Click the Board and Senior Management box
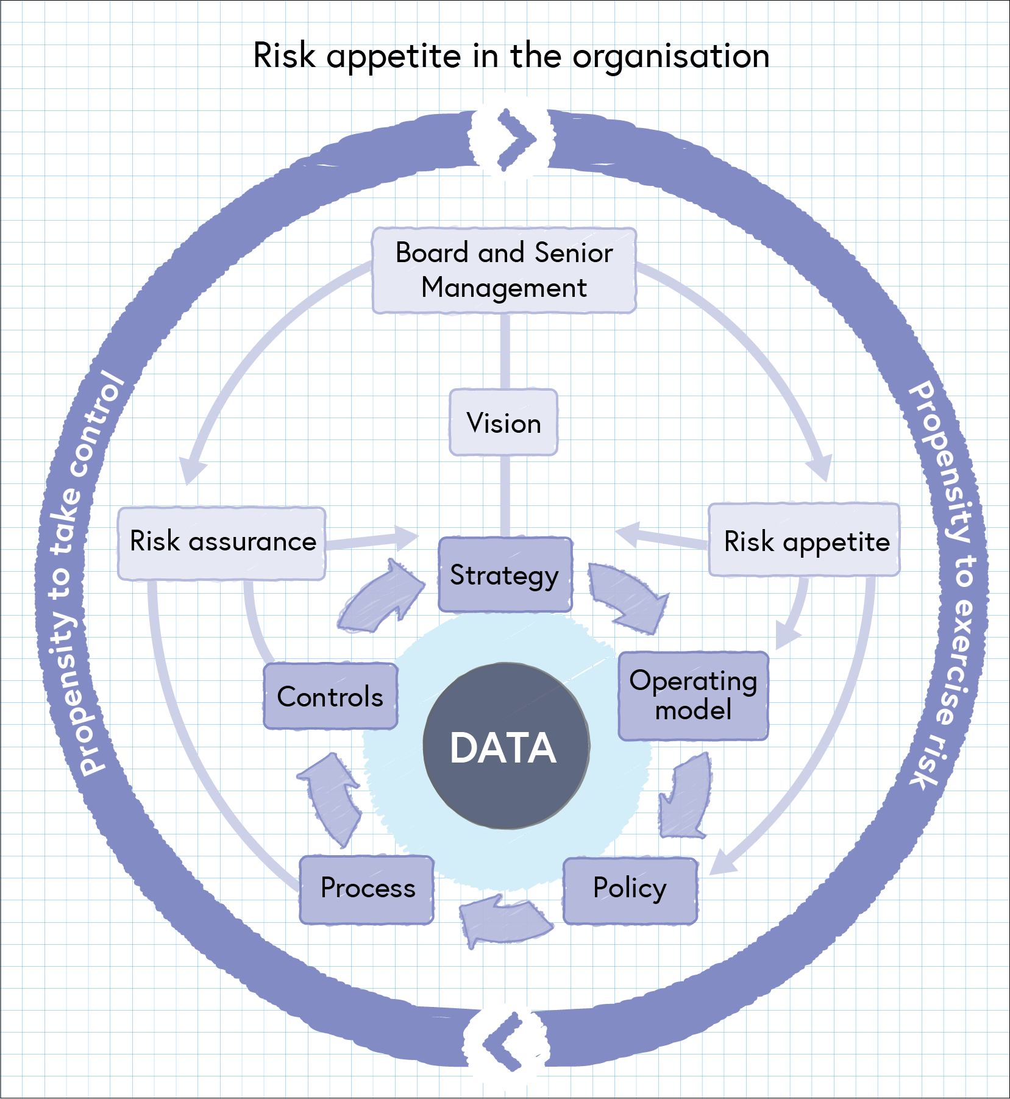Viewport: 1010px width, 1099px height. tap(504, 270)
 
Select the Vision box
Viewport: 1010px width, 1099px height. tap(503, 422)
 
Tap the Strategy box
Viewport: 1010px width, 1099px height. tap(505, 575)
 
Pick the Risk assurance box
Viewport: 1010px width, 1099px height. tap(222, 542)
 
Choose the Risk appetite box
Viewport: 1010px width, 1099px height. tap(805, 541)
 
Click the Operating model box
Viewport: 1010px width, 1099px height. tap(693, 695)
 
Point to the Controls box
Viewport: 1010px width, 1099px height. tap(330, 696)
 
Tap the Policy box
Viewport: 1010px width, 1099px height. tap(630, 889)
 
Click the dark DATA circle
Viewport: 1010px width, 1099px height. tap(505, 746)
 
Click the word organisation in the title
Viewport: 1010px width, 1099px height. tap(670, 57)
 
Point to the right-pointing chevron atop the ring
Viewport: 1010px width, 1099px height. tap(513, 139)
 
